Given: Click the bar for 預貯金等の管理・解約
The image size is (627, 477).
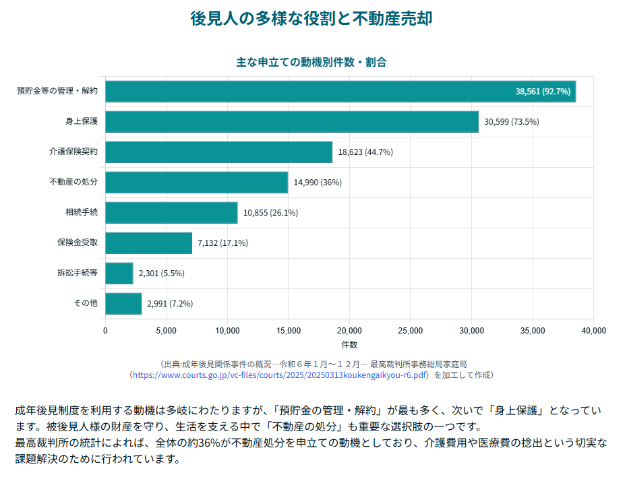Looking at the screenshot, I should click(x=340, y=92).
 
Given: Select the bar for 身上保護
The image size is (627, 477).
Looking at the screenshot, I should click(x=292, y=122).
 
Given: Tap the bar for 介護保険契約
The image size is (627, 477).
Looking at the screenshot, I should click(x=218, y=152).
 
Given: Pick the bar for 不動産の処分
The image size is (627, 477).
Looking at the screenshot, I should click(x=196, y=183).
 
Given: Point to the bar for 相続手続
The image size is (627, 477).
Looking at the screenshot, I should click(x=171, y=213).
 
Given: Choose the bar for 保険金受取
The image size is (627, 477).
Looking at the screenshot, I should click(x=148, y=243).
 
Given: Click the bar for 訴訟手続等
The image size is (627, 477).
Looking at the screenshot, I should click(x=119, y=274).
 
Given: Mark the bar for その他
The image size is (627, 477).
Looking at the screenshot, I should click(x=123, y=304).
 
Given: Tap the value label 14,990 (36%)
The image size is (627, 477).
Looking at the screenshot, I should click(x=318, y=183).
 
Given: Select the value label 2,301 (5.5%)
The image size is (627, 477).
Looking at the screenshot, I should click(x=161, y=274).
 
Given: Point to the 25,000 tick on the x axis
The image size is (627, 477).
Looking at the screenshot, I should click(x=411, y=331).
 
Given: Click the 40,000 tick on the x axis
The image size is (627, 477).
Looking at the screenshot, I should click(x=593, y=331).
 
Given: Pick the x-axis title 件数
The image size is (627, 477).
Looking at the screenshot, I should click(x=349, y=345).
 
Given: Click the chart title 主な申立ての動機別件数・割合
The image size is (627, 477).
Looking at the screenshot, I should click(x=311, y=61).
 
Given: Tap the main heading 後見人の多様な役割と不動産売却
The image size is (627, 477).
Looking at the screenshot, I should click(x=311, y=18).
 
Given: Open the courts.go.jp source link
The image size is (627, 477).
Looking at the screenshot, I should click(x=280, y=375).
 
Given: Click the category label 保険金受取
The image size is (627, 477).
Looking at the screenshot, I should click(x=78, y=243).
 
